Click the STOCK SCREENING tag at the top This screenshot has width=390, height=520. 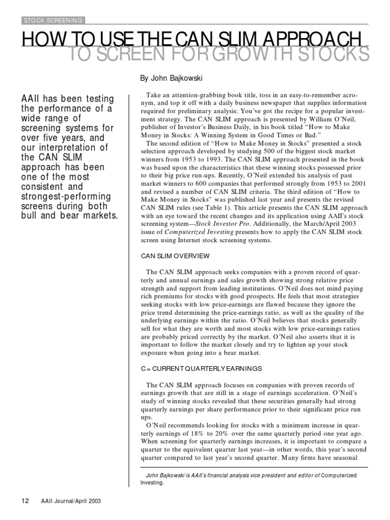click(x=53, y=20)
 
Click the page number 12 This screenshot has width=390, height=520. click(x=25, y=501)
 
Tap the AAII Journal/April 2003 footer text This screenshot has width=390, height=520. click(x=71, y=501)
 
